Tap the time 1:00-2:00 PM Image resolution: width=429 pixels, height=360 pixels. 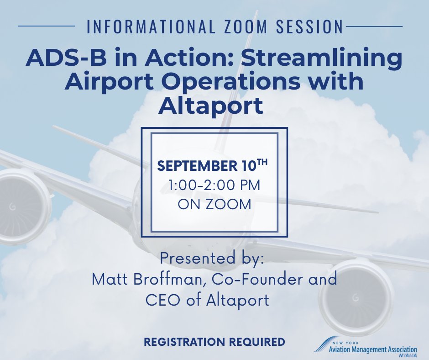tap(214, 185)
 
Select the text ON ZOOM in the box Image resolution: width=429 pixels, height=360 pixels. tap(214, 204)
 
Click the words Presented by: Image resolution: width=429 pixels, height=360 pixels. tap(212, 259)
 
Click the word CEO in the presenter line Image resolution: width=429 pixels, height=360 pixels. tap(160, 300)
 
